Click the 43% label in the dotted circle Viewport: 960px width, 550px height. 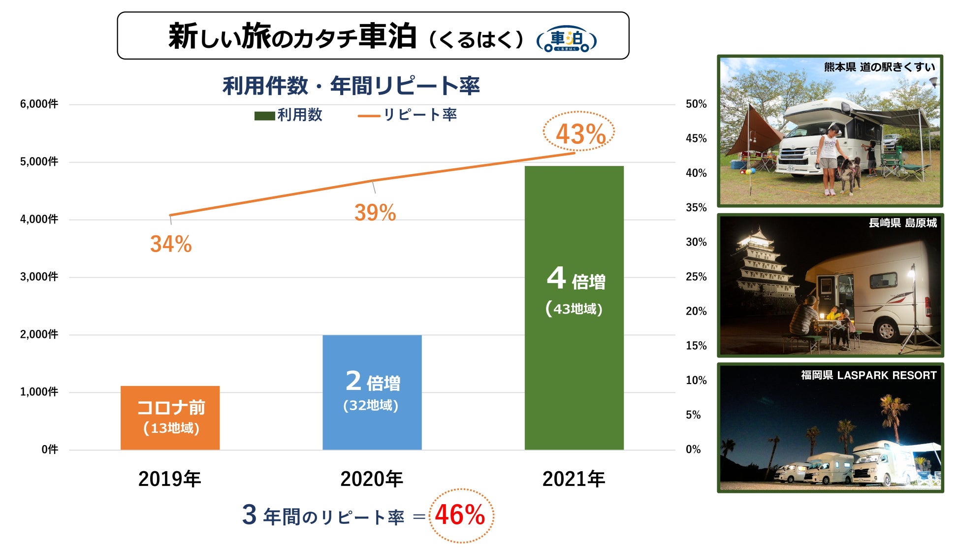[x=580, y=134]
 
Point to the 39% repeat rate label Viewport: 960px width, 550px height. [x=375, y=213]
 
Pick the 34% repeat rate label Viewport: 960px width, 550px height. [x=171, y=244]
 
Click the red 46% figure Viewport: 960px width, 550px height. [x=460, y=515]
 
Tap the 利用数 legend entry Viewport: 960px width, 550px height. [x=288, y=115]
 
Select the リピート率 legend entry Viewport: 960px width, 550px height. [x=408, y=115]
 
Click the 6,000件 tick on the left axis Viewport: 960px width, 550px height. [x=39, y=104]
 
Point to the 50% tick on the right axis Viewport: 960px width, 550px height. [x=696, y=104]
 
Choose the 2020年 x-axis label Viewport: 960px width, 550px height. [x=372, y=479]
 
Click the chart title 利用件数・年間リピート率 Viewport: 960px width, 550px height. [x=351, y=86]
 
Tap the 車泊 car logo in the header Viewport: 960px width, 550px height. [x=567, y=39]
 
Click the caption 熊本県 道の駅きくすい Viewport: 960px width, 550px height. [x=879, y=67]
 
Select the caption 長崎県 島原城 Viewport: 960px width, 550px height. [x=902, y=223]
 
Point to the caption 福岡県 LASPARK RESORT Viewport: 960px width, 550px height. [x=868, y=375]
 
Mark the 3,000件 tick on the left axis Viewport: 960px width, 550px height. [x=39, y=277]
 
